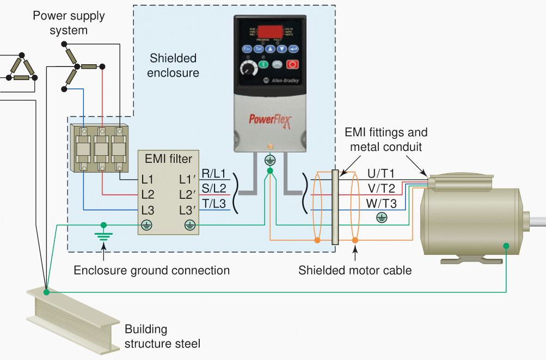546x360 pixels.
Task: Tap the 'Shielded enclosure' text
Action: pos(173,65)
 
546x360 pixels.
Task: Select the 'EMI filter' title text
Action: pos(168,159)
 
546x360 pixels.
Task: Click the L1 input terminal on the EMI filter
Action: pos(148,179)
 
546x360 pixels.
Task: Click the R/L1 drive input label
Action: pos(213,174)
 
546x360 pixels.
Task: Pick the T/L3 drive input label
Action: pos(213,203)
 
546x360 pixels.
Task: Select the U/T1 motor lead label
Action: pos(381,174)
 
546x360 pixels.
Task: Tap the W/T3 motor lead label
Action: pos(382,204)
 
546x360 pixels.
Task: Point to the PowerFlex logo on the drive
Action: pos(271,118)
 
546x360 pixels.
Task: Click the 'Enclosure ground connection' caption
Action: pos(151,270)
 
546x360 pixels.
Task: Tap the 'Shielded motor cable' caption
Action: pos(355,270)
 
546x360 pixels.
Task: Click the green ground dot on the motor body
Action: pos(506,246)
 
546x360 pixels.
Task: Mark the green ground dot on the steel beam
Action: pos(47,292)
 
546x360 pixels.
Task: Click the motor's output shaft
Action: pos(536,221)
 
